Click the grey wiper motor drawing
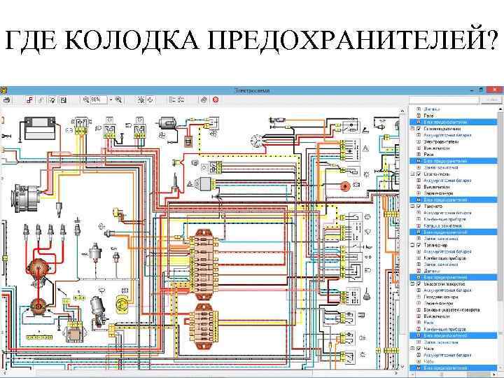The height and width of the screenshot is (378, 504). pyautogui.click(x=97, y=305)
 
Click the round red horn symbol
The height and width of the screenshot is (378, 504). pyautogui.click(x=344, y=186)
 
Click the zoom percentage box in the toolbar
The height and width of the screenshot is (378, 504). pyautogui.click(x=98, y=100)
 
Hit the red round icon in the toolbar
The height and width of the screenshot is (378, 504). pyautogui.click(x=216, y=100)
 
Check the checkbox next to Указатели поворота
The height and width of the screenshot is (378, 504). pyautogui.click(x=419, y=285)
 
